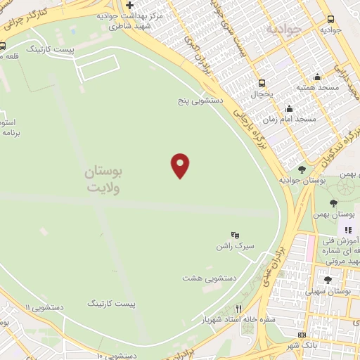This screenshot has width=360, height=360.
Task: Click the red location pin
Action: pyautogui.click(x=181, y=165)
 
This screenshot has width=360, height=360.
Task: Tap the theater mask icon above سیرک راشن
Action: pyautogui.click(x=235, y=235)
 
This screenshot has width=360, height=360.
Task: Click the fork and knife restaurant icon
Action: pyautogui.click(x=238, y=308)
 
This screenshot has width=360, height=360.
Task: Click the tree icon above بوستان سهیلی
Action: pyautogui.click(x=328, y=280)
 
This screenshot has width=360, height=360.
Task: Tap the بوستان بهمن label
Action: pyautogui.click(x=333, y=213)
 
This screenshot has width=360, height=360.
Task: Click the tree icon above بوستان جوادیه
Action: pyautogui.click(x=302, y=169)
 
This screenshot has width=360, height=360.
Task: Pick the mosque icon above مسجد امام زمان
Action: pyautogui.click(x=289, y=108)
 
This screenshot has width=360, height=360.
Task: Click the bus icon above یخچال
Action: pyautogui.click(x=262, y=82)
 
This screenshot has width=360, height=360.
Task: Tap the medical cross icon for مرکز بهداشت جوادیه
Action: pyautogui.click(x=129, y=6)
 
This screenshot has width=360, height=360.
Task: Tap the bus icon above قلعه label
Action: pyautogui.click(x=2, y=46)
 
